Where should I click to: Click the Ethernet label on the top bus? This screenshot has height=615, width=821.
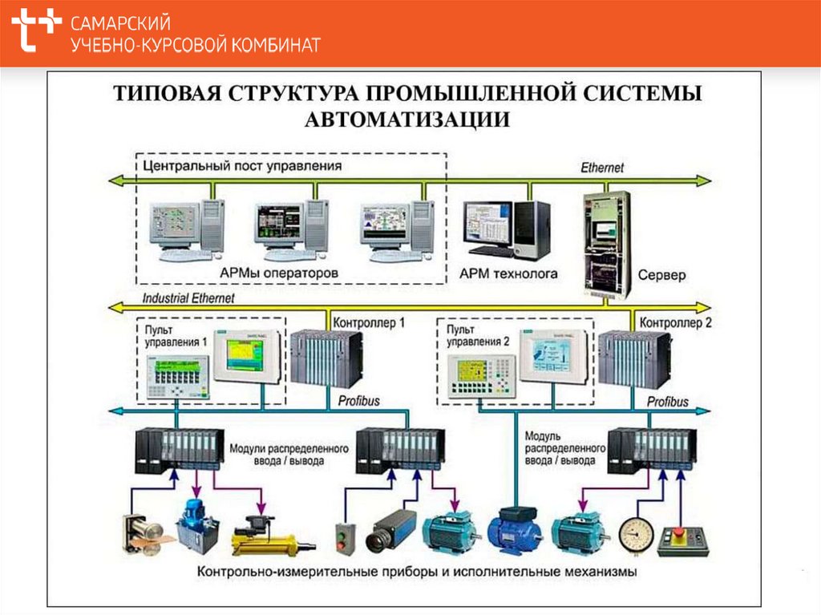point(601,168)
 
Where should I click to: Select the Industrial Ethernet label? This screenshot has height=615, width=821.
point(188,298)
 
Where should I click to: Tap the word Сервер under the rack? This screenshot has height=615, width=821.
point(661,275)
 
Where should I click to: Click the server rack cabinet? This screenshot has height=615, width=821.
point(606,241)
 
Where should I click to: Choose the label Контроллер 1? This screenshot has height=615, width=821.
point(368,322)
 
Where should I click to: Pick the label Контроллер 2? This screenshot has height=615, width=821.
point(675,322)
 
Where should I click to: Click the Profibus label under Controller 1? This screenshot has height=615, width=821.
point(358,401)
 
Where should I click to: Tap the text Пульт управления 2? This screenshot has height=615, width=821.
point(478,336)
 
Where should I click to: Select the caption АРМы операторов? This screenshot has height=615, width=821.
point(279,273)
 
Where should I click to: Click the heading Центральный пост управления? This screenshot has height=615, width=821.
point(242,166)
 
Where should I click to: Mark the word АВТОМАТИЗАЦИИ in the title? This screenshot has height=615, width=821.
point(407,120)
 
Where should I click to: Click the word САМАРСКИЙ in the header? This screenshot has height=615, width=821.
point(120,23)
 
